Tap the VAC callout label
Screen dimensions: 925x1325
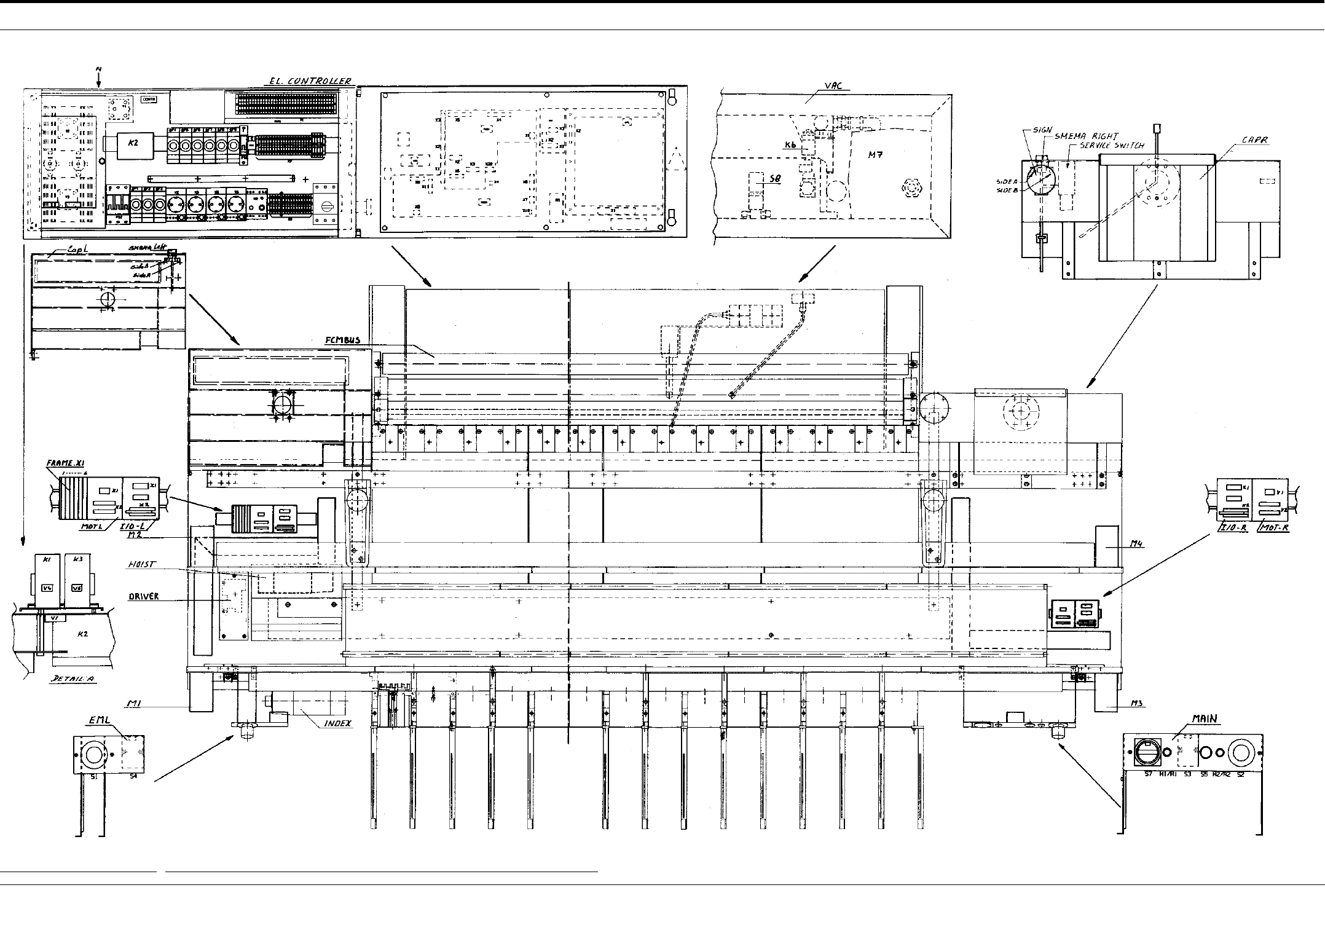pos(833,87)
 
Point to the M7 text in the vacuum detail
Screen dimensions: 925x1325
pos(876,155)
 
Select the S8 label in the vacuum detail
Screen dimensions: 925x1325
pos(775,179)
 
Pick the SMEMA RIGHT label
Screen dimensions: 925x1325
pos(1087,136)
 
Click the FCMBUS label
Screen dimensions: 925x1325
pos(343,340)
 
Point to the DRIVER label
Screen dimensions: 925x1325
pos(144,596)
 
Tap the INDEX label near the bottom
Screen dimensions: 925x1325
pos(338,723)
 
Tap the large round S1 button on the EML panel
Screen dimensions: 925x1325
pos(94,754)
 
